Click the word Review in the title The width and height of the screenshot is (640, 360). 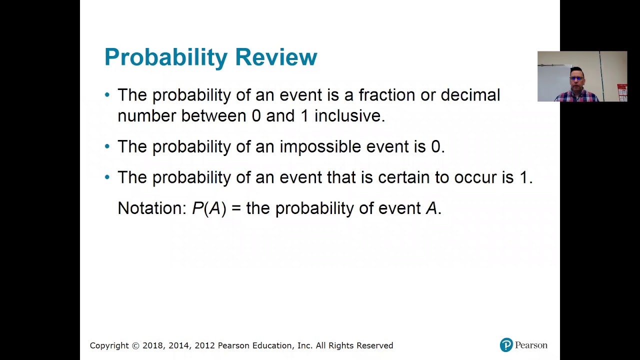276,57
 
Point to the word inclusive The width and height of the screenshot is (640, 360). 349,116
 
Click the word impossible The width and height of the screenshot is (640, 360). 320,146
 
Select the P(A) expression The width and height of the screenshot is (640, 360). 209,208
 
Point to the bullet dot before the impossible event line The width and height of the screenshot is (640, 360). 107,146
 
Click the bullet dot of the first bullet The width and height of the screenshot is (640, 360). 107,95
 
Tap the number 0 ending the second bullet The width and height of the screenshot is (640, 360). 436,146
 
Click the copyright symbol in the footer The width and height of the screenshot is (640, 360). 135,345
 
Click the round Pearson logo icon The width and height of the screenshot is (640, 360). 506,345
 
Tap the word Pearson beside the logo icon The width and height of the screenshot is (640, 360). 531,345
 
